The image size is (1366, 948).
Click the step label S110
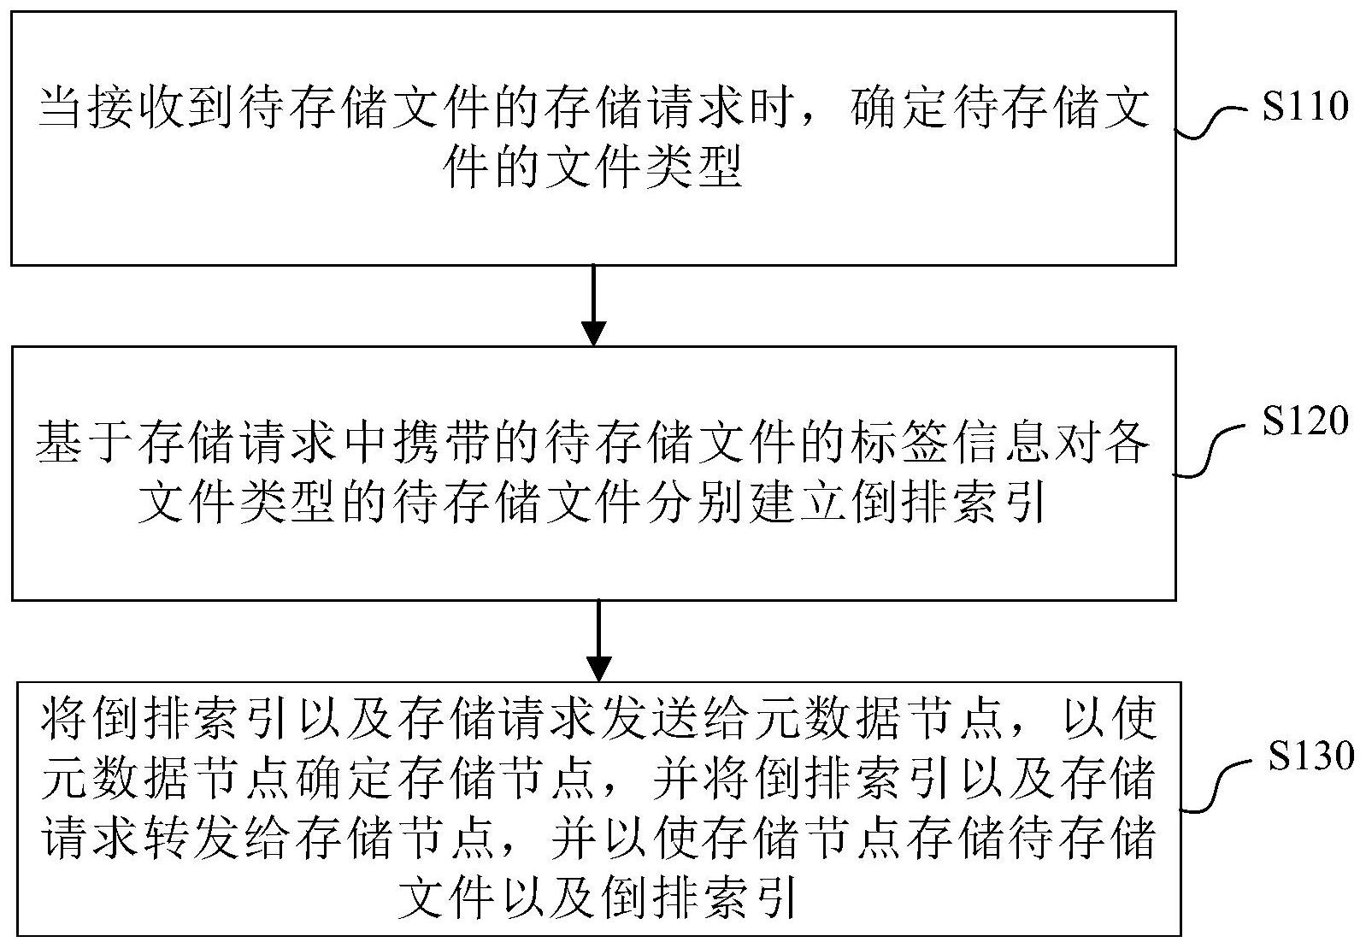[x=1304, y=106]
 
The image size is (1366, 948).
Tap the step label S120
[x=1304, y=420]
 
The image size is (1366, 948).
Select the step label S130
[x=1311, y=756]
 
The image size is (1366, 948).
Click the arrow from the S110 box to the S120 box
[x=593, y=305]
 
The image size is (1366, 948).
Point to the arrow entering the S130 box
[x=599, y=641]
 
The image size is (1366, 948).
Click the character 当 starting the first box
[x=62, y=108]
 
